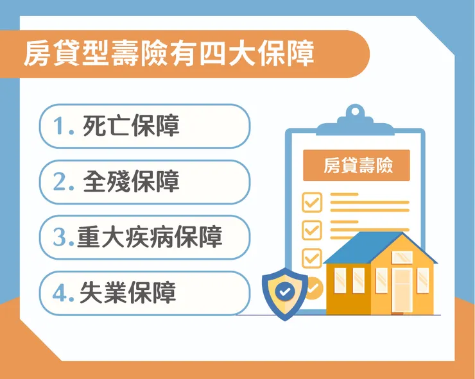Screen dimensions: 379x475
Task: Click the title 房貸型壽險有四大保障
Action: tap(168, 54)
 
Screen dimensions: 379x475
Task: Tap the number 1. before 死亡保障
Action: tap(64, 126)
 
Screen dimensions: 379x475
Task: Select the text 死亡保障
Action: tap(132, 126)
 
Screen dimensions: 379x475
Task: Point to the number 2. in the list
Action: tap(64, 182)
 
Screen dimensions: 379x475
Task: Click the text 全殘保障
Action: tap(132, 182)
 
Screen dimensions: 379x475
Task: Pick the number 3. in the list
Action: tap(64, 238)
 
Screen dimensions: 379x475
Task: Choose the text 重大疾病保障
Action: tap(150, 238)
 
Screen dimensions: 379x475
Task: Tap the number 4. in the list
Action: tap(64, 294)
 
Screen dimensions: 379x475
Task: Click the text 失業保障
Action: tap(128, 294)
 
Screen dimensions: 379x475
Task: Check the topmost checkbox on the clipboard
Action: tap(312, 202)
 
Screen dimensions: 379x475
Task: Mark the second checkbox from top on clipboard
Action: tap(312, 229)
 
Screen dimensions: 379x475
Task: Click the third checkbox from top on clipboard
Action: tap(312, 257)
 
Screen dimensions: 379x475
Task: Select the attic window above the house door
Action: tap(402, 257)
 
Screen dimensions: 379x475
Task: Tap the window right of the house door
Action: tap(423, 280)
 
